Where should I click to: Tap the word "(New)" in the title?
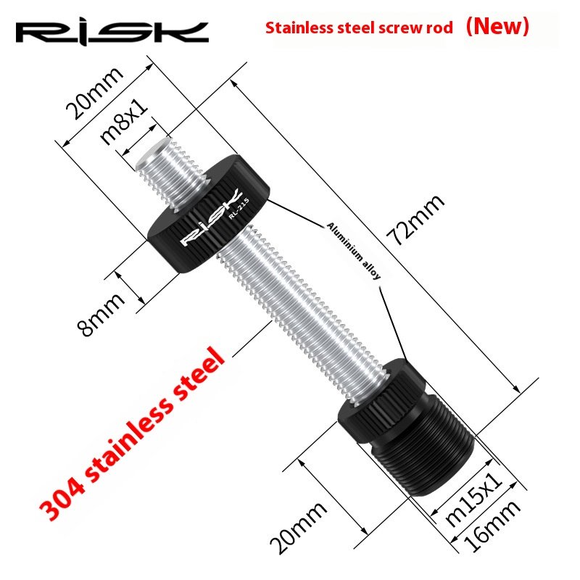[497, 27]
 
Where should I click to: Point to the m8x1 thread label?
[125, 122]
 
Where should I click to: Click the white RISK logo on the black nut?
[203, 225]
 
